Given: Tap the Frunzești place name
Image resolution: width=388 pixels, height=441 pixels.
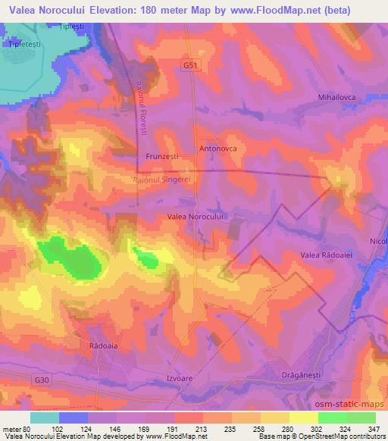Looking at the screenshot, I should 161,157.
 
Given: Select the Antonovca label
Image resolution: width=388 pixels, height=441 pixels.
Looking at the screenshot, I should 218,149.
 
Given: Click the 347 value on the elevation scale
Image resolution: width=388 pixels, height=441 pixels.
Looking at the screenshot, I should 374,428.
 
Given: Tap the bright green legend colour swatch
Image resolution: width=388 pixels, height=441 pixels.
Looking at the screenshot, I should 332,417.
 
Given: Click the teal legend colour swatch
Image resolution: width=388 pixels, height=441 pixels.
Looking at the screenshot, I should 44,417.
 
